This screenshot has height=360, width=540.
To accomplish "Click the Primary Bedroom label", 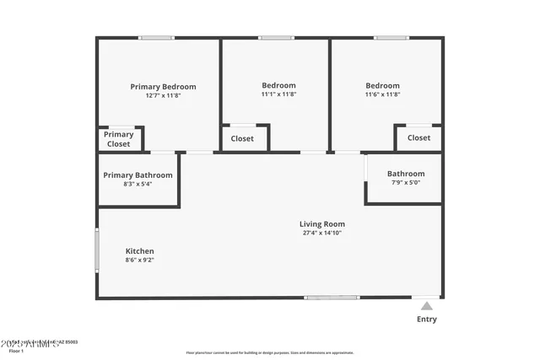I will pyautogui.click(x=163, y=86).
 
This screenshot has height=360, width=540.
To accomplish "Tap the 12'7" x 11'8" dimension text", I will pyautogui.click(x=163, y=95).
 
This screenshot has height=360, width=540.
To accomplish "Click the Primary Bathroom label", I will pyautogui.click(x=138, y=175).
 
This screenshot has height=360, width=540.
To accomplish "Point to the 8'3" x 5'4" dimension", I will pyautogui.click(x=138, y=184).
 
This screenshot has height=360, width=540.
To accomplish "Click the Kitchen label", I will pyautogui.click(x=139, y=251).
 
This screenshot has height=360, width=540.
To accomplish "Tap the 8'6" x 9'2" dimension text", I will pyautogui.click(x=139, y=261).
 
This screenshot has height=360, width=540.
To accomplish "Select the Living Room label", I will pyautogui.click(x=322, y=224).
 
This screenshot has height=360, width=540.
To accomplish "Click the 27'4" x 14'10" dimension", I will pyautogui.click(x=322, y=233).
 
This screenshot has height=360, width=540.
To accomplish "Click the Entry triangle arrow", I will pyautogui.click(x=427, y=306).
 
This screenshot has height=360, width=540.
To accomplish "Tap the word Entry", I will pyautogui.click(x=427, y=320).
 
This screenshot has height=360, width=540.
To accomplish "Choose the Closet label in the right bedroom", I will pyautogui.click(x=418, y=137).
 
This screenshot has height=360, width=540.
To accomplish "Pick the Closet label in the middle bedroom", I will pyautogui.click(x=242, y=138).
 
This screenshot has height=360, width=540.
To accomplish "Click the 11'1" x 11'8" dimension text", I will pyautogui.click(x=278, y=94).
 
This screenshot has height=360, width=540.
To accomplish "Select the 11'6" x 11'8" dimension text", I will pyautogui.click(x=382, y=94).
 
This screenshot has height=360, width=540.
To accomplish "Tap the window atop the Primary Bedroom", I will pyautogui.click(x=156, y=37).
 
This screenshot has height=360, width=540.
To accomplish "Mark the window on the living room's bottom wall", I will pyautogui.click(x=331, y=298).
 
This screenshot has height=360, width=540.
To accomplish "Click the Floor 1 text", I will pyautogui.click(x=17, y=351).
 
